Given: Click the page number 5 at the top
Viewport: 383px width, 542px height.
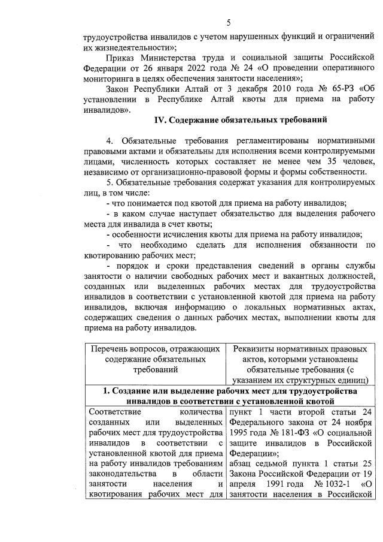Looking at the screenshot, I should [229, 23].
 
